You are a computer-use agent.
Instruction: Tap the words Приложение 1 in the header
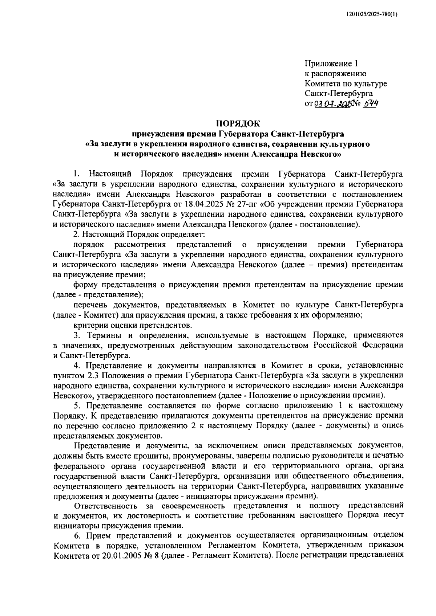pos(331,64)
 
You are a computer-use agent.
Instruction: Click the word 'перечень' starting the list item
pos(89,304)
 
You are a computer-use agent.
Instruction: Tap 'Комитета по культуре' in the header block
pos(346,84)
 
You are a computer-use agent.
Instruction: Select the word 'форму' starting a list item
pos(84,284)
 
